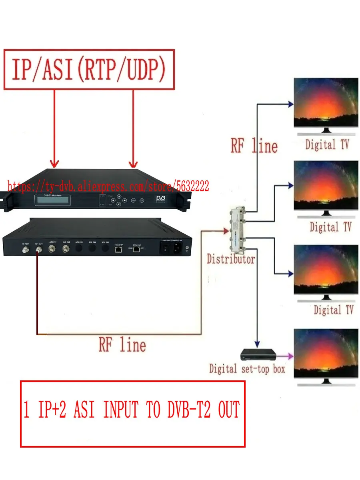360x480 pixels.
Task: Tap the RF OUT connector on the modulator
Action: pos(39,250)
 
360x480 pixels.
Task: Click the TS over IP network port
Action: pos(118,250)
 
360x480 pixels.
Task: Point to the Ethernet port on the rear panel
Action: pos(137,250)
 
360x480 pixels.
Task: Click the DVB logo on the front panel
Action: pos(161,200)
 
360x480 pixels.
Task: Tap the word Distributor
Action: pos(231,259)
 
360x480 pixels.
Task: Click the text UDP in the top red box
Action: pos(143,70)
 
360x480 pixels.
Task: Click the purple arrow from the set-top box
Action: pos(285,355)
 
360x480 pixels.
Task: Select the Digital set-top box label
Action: pos(247,368)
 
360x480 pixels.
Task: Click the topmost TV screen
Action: pos(326,103)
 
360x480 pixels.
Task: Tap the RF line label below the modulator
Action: pos(122,345)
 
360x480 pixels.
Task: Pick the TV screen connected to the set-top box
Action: pos(326,354)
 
